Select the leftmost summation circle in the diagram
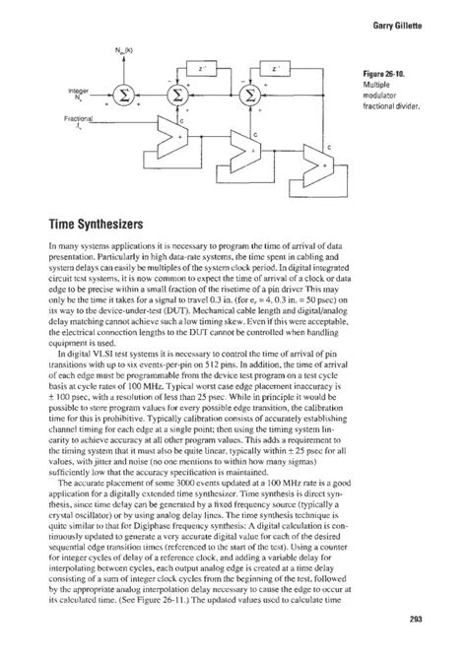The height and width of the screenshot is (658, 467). click(x=126, y=97)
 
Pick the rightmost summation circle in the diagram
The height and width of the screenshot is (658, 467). click(x=250, y=97)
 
